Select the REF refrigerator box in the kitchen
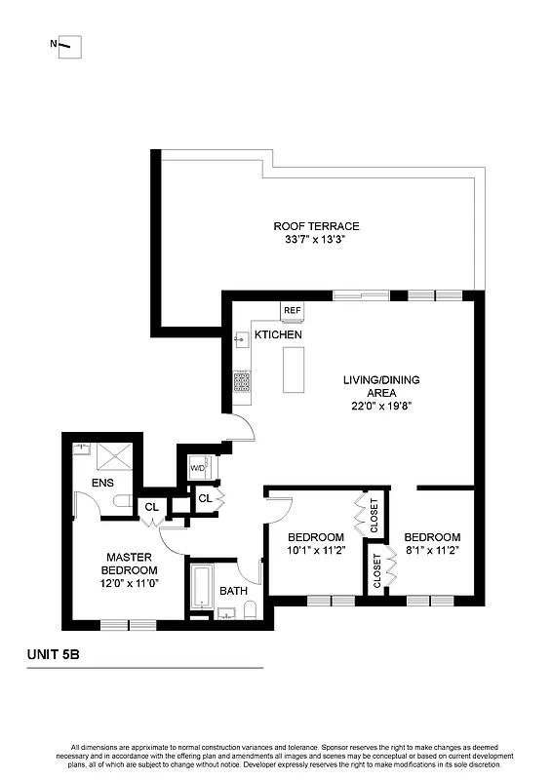click(x=292, y=311)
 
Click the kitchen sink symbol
click(x=241, y=340)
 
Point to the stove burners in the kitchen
click(x=241, y=381)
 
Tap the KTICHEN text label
click(x=278, y=335)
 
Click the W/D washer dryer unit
click(x=198, y=468)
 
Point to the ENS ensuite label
click(x=102, y=483)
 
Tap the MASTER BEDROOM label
click(x=132, y=564)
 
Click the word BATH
click(x=233, y=591)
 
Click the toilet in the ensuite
click(x=122, y=500)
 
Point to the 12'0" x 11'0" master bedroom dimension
click(x=132, y=584)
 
